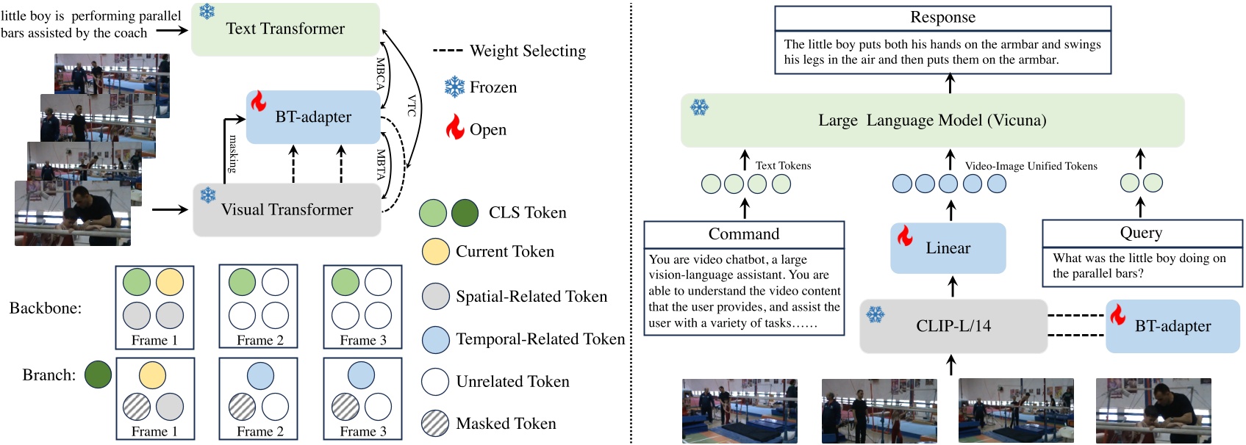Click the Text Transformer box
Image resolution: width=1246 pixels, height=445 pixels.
pyautogui.click(x=285, y=29)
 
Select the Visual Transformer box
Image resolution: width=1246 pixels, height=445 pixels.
pyautogui.click(x=287, y=210)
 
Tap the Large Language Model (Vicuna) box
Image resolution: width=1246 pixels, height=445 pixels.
pyautogui.click(x=932, y=120)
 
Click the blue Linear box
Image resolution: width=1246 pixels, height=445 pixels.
pyautogui.click(x=948, y=248)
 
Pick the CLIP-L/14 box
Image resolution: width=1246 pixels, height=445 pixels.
pyautogui.click(x=953, y=326)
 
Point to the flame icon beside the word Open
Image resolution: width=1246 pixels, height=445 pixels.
pyautogui.click(x=455, y=128)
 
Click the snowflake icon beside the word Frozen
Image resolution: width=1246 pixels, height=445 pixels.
pyautogui.click(x=454, y=87)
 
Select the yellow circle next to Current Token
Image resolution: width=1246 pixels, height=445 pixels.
pyautogui.click(x=435, y=252)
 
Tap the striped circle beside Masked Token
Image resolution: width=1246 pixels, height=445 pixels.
pyautogui.click(x=435, y=424)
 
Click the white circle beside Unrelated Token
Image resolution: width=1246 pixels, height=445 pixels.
pyautogui.click(x=435, y=382)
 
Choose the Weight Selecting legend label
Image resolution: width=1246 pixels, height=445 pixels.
pyautogui.click(x=527, y=51)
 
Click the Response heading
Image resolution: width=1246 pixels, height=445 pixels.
pyautogui.click(x=942, y=18)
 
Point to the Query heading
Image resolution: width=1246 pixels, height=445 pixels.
pyautogui.click(x=1141, y=233)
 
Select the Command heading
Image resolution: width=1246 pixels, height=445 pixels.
pyautogui.click(x=743, y=234)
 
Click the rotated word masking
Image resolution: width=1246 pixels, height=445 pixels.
pyautogui.click(x=233, y=153)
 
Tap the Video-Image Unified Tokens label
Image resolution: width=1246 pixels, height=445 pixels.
pyautogui.click(x=1031, y=166)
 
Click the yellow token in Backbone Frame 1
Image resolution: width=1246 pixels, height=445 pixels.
pyautogui.click(x=169, y=282)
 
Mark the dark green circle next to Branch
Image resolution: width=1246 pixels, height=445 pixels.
pyautogui.click(x=98, y=375)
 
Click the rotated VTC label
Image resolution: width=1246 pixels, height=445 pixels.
pyautogui.click(x=412, y=106)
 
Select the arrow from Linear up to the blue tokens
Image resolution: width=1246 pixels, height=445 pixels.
pyautogui.click(x=950, y=210)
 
